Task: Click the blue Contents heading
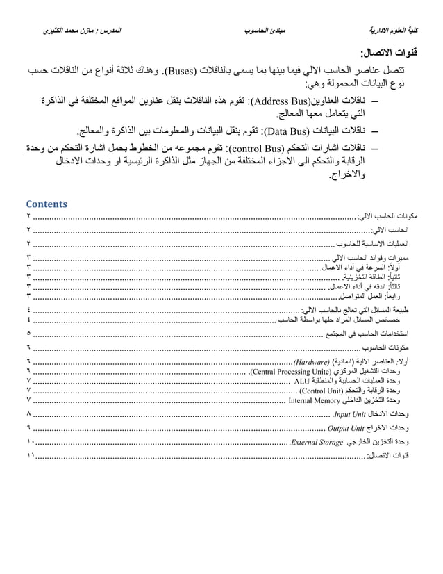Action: point(47,204)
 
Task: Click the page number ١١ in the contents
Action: point(31,455)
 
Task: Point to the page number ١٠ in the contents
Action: point(31,441)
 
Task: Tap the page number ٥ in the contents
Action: point(28,334)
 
